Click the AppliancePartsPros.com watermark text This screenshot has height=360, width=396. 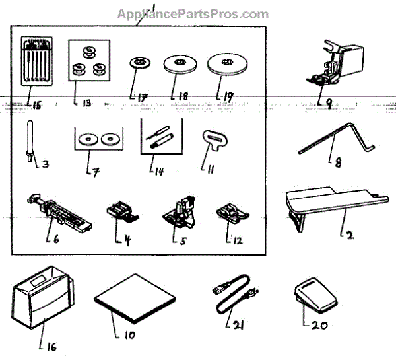click(x=193, y=14)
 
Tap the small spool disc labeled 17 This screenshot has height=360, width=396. click(x=139, y=64)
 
